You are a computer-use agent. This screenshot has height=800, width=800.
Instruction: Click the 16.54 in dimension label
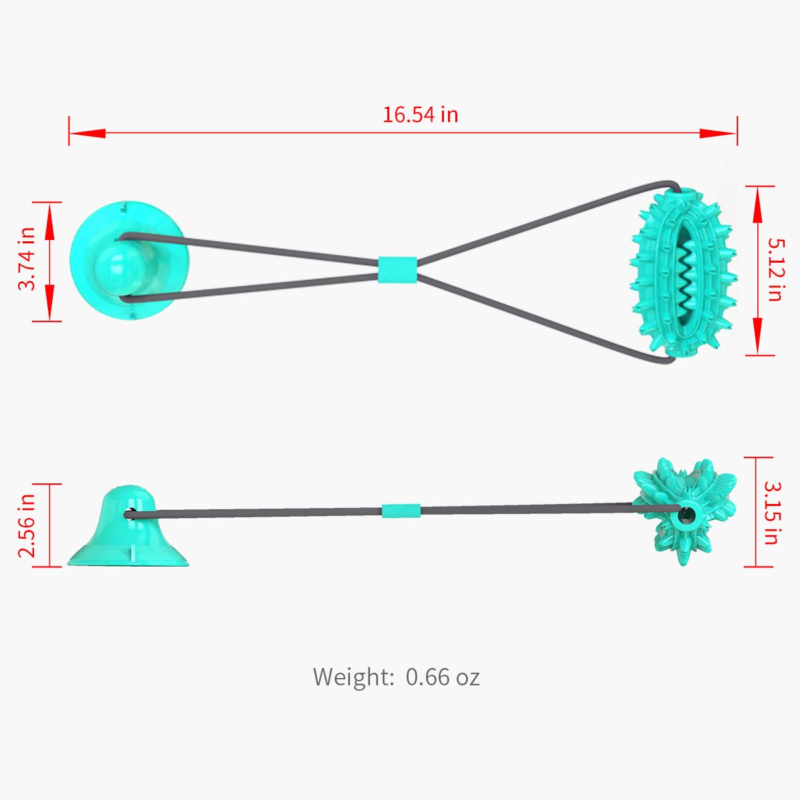(420, 115)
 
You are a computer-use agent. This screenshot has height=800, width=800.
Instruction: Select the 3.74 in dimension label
(27, 259)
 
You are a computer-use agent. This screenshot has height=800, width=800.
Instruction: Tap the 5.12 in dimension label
(774, 269)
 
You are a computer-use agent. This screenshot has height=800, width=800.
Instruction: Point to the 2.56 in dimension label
(27, 525)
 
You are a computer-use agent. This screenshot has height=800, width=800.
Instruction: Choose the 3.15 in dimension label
(771, 512)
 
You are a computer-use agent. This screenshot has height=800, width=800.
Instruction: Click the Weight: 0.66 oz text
(396, 677)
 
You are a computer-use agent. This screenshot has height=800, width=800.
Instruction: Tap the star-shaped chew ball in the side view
(684, 511)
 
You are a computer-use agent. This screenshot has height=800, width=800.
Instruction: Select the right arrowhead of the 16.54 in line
(717, 133)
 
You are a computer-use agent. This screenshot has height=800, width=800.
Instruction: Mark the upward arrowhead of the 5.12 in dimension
(757, 209)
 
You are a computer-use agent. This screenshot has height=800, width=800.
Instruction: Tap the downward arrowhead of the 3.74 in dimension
(49, 297)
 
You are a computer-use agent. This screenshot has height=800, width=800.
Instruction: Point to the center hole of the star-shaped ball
(684, 515)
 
